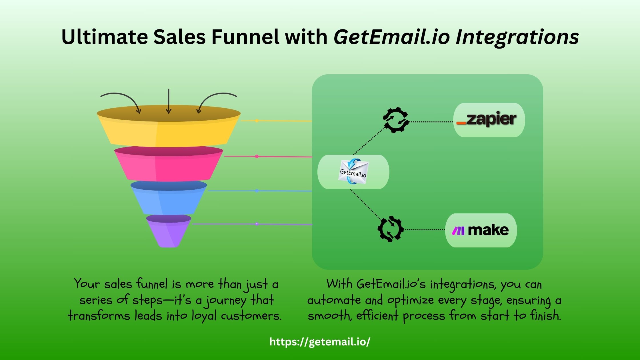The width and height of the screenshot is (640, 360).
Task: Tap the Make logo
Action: pyautogui.click(x=481, y=230)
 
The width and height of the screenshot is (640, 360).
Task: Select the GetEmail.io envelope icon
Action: pyautogui.click(x=353, y=172)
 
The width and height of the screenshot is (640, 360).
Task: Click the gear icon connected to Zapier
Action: pyautogui.click(x=396, y=120)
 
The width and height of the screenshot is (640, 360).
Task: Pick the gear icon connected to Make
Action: pyautogui.click(x=391, y=229)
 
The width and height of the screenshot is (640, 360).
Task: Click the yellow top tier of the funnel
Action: pyautogui.click(x=169, y=133)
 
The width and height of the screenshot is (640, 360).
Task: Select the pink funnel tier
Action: pyautogui.click(x=169, y=167)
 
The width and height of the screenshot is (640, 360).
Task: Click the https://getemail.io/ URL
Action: pyautogui.click(x=320, y=342)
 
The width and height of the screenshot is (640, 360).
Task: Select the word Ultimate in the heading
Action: pyautogui.click(x=105, y=37)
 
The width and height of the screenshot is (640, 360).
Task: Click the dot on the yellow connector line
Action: pyautogui.click(x=257, y=121)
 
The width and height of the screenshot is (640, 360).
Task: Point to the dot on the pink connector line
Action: pyautogui.click(x=257, y=157)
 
